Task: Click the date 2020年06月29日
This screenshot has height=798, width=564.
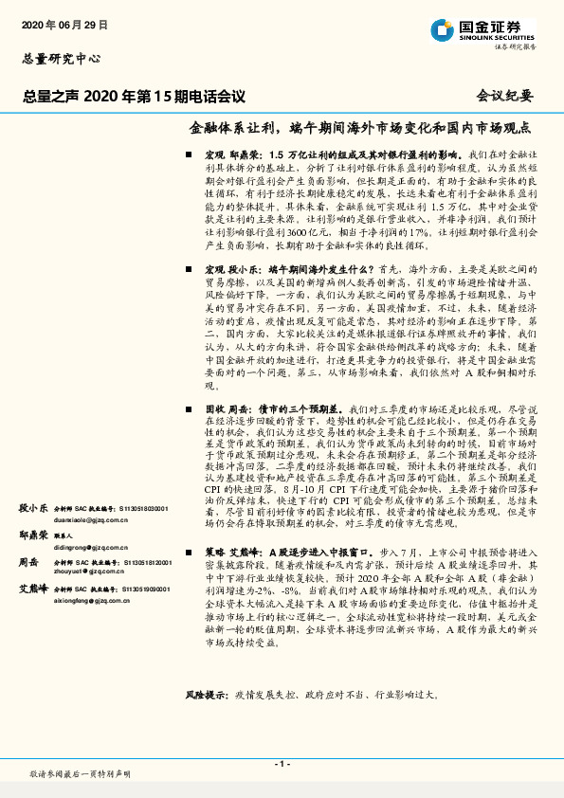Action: [x=64, y=23]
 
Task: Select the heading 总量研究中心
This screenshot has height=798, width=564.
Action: [x=61, y=59]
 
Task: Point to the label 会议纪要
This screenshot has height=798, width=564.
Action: [x=504, y=96]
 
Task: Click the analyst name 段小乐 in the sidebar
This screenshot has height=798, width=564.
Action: [x=33, y=508]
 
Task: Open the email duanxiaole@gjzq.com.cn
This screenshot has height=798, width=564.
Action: [x=91, y=520]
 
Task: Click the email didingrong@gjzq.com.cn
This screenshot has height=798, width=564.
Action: [x=91, y=548]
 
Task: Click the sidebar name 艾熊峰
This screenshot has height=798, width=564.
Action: [x=33, y=589]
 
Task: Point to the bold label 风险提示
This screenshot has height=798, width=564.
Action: [x=208, y=696]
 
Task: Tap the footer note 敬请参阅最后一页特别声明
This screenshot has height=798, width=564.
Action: [x=81, y=774]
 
